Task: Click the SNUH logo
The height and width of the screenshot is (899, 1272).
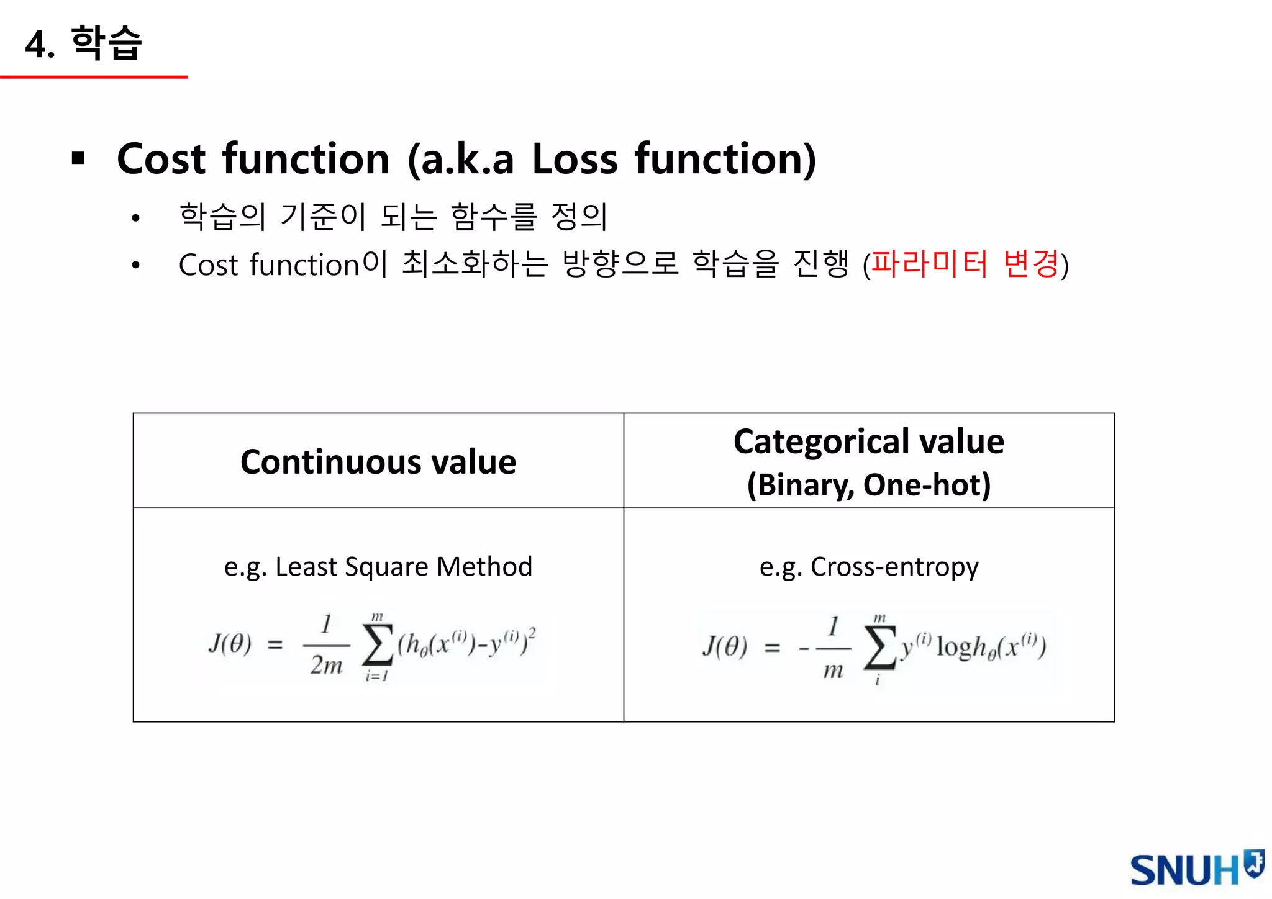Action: pos(1196,869)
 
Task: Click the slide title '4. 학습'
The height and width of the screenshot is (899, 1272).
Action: pos(84,43)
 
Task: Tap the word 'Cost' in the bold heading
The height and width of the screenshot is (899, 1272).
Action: pos(161,159)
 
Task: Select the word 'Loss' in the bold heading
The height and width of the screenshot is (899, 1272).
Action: pos(575,159)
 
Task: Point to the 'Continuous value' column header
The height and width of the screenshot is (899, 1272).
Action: pos(378,462)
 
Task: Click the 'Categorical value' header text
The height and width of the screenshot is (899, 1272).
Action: pos(868,442)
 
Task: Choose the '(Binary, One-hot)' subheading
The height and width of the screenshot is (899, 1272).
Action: pos(868,485)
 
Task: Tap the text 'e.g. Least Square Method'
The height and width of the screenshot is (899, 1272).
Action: pos(378,567)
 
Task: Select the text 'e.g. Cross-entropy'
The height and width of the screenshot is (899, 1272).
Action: pos(868,567)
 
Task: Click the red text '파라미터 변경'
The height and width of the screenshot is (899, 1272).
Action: pos(965,264)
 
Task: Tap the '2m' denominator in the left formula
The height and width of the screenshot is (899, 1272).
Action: pos(327,666)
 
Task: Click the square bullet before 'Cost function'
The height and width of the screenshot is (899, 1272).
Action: pos(78,158)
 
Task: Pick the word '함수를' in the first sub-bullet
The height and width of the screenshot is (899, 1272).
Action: pos(494,217)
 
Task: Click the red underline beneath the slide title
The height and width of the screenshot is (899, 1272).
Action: pos(94,77)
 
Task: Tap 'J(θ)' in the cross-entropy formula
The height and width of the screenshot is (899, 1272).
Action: pos(725,647)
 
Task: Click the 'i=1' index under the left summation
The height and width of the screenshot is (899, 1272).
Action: pos(377,676)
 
